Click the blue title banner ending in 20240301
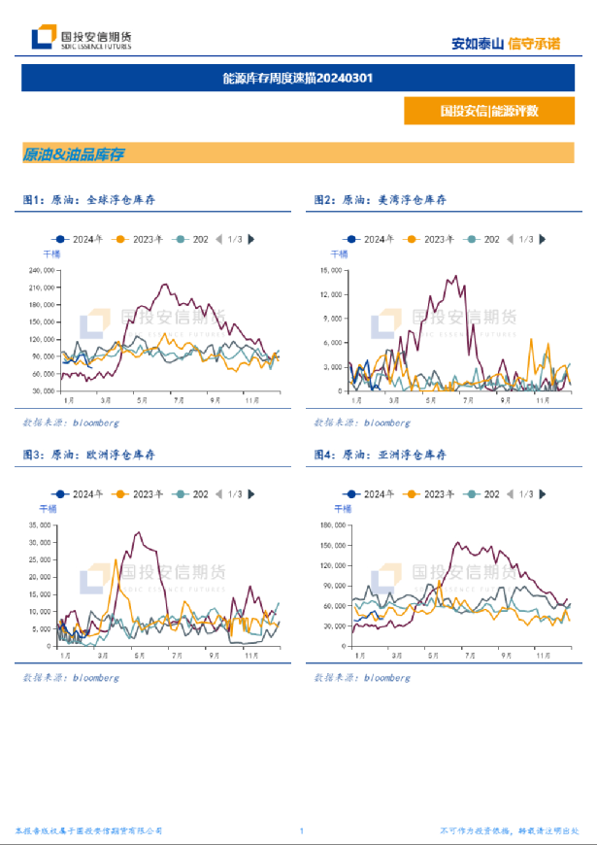click(298, 78)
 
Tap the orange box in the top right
click(488, 111)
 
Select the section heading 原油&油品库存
click(74, 153)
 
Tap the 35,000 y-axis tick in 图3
click(40, 526)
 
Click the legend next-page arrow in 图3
click(251, 494)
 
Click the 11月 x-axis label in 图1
click(250, 399)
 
